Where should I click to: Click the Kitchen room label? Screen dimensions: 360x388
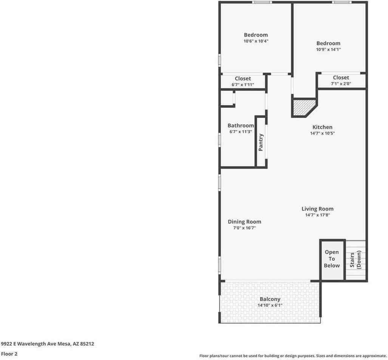(322, 127)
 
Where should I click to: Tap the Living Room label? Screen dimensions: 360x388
(317, 209)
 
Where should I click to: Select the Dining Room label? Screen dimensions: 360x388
(244, 222)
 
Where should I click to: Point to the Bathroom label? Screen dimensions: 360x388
(241, 126)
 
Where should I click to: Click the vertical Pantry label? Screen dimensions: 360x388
(261, 142)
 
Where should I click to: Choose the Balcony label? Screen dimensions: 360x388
(270, 299)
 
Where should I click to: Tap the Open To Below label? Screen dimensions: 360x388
(332, 259)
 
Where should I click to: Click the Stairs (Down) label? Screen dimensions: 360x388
(356, 260)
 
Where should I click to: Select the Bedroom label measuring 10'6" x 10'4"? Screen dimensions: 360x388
(256, 35)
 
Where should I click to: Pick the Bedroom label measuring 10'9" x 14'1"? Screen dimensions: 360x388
(328, 43)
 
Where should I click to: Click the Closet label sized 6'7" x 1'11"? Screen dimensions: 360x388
(243, 79)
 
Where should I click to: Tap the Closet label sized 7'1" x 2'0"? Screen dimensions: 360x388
(341, 78)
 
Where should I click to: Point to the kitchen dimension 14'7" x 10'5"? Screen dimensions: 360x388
(322, 133)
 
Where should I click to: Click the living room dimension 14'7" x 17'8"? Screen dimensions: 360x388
(317, 215)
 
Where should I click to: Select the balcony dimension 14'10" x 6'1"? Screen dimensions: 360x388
(270, 305)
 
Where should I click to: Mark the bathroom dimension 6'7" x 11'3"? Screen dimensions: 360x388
(241, 132)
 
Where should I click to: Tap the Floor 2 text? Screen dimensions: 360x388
(9, 354)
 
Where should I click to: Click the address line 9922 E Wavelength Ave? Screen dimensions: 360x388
(47, 344)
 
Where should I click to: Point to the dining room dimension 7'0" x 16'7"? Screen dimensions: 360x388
(244, 228)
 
